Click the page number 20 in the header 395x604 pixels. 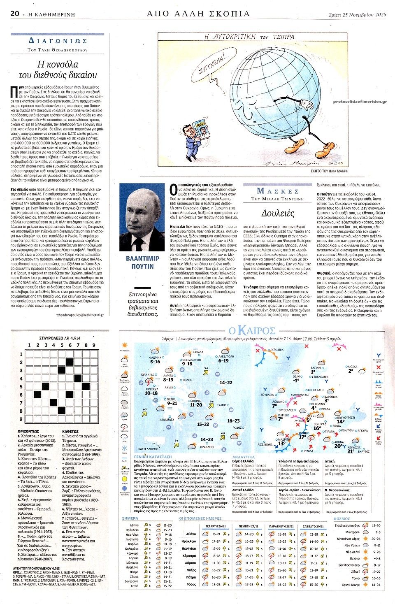15,14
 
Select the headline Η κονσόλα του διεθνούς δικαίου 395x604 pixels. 58,70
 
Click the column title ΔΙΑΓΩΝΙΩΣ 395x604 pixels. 58,41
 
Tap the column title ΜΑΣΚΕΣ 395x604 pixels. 278,191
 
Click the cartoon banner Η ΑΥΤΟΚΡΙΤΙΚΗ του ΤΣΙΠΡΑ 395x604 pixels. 249,37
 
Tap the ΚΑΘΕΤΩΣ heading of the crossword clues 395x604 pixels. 70,431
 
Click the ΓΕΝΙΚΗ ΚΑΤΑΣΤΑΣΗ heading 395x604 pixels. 153,457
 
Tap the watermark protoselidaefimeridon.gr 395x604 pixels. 360,101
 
